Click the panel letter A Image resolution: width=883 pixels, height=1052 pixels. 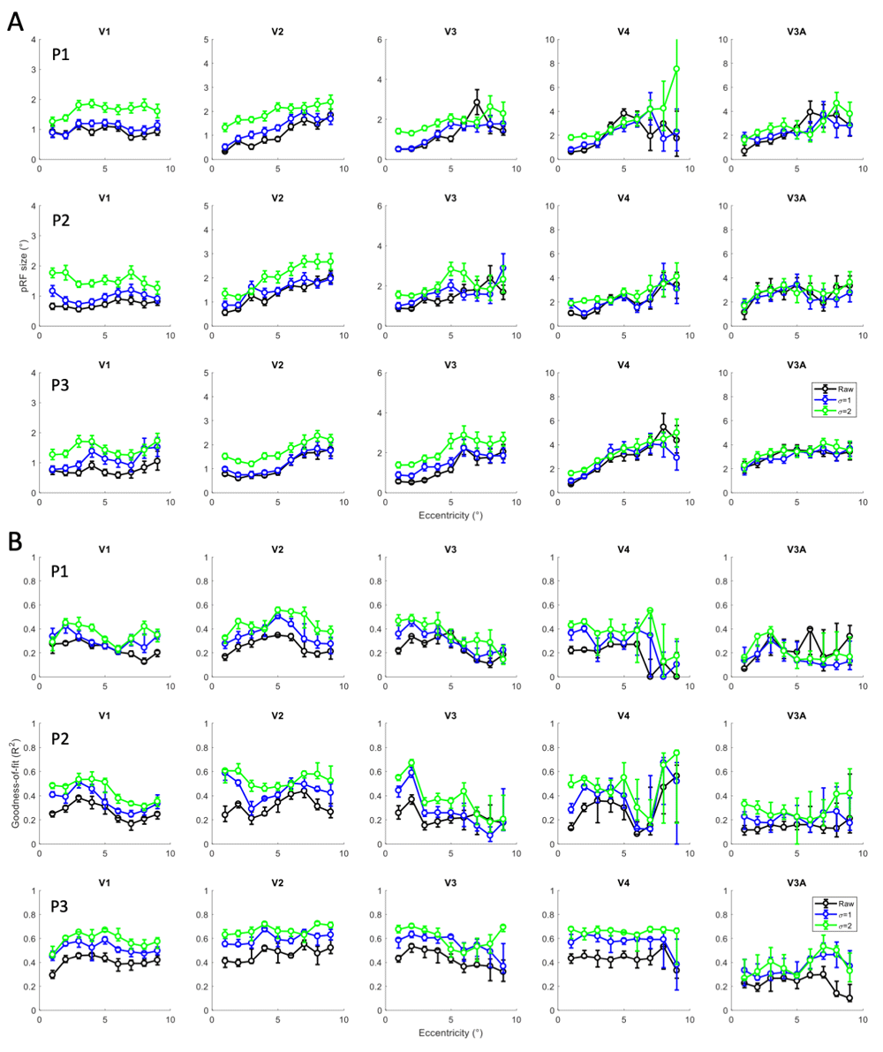16,20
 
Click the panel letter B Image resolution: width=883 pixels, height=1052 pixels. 16,537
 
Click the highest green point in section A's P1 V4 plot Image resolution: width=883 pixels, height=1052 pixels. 676,69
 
